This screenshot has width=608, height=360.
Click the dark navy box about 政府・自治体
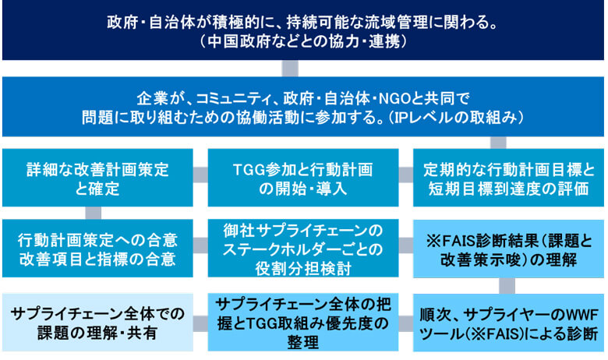[303, 30]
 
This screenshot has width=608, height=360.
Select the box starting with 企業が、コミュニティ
[303, 107]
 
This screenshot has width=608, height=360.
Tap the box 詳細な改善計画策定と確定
[97, 178]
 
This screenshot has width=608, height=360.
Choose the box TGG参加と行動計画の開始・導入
[303, 178]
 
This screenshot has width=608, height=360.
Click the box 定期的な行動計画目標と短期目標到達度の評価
[508, 178]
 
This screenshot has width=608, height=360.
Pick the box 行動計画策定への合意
[97, 249]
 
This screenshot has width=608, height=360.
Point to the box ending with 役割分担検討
[303, 249]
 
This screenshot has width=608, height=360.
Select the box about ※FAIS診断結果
[508, 249]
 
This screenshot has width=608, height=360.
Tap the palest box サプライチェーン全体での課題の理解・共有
[97, 323]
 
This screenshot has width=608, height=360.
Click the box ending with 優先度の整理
[303, 323]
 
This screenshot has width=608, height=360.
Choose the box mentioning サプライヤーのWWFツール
[508, 323]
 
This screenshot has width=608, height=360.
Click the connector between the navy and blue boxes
[290, 69]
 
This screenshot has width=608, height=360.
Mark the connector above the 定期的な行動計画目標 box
[498, 143]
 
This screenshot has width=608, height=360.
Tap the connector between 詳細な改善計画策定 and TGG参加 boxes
[200, 175]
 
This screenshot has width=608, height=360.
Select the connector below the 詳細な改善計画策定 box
[93, 214]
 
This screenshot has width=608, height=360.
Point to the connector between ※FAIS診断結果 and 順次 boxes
[507, 286]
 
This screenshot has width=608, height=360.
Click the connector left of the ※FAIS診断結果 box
[406, 245]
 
